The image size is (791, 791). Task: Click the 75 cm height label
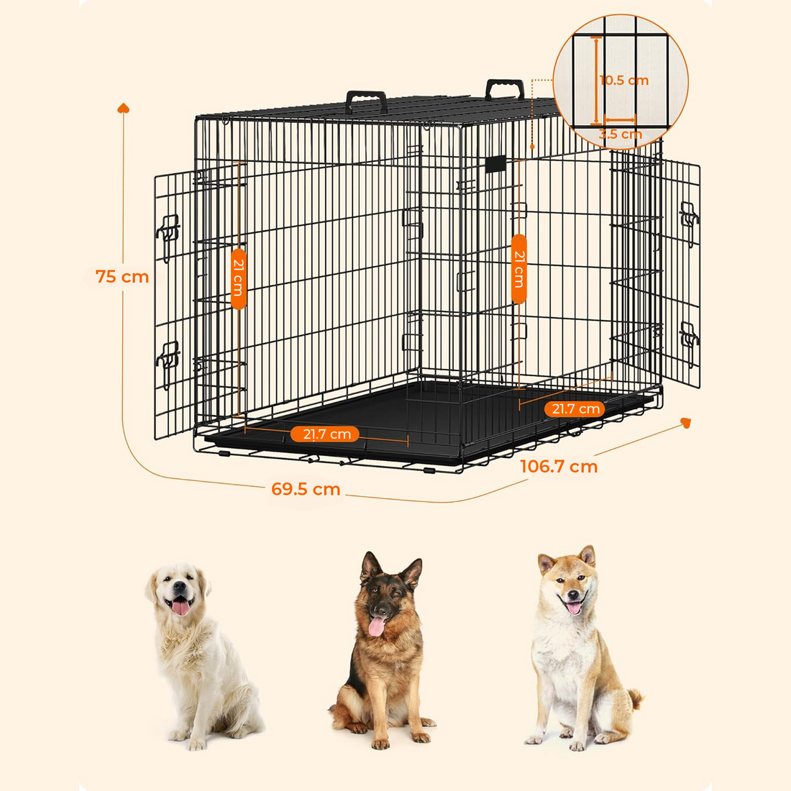coord(122,277)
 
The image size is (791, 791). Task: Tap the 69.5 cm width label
coord(306,490)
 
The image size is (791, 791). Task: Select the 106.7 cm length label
coord(559,467)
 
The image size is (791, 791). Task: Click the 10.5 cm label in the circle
coord(624,81)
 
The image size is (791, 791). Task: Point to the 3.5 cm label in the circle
coord(621,134)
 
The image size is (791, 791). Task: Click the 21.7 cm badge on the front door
coord(326,434)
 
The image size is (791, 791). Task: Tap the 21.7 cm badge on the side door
coord(575,409)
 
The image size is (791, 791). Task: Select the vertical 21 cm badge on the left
coord(239,278)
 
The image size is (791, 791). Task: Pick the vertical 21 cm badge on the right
coord(518,269)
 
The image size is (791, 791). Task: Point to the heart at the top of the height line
coord(123,108)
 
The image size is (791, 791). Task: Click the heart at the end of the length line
coord(685,423)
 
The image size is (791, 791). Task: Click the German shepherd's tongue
coord(376,626)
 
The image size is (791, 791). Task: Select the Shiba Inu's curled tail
coord(634,698)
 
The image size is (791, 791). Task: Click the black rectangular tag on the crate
coord(495,164)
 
